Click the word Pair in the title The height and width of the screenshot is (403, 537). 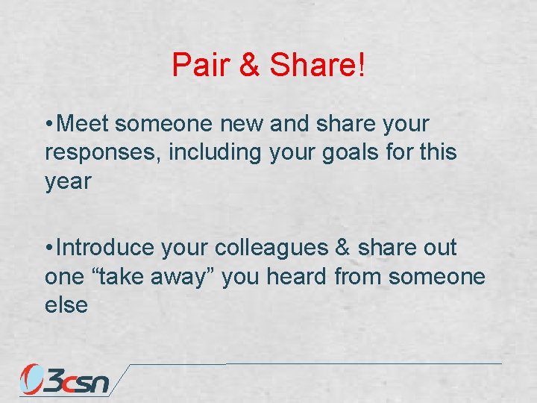click(199, 66)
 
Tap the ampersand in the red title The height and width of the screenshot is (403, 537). click(248, 66)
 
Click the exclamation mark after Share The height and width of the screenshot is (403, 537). click(362, 66)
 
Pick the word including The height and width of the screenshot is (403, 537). click(215, 152)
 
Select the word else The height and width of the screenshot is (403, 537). click(66, 305)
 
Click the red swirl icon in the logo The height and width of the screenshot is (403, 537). click(32, 378)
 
